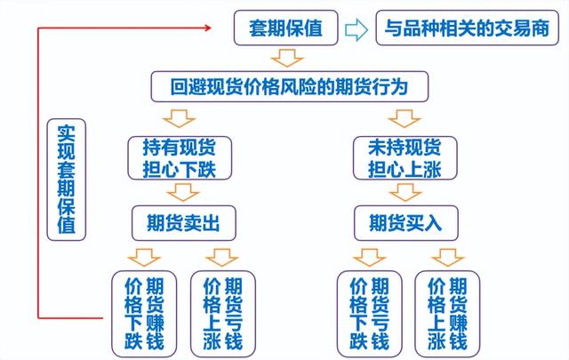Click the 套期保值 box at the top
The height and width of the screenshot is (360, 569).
click(x=286, y=28)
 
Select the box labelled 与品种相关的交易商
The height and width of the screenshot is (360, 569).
click(x=467, y=28)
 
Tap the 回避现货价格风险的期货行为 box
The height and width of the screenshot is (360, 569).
click(x=290, y=87)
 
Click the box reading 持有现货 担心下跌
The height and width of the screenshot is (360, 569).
click(x=180, y=158)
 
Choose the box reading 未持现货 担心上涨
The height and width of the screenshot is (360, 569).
click(x=405, y=158)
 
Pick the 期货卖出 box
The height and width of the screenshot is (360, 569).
click(x=184, y=223)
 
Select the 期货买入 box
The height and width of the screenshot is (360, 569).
click(x=406, y=223)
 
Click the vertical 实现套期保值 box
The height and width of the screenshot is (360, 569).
click(x=67, y=180)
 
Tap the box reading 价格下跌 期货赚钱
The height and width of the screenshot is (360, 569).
click(x=144, y=315)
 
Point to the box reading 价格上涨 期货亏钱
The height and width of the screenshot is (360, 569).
click(x=223, y=315)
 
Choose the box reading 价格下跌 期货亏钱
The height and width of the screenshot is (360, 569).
click(x=370, y=315)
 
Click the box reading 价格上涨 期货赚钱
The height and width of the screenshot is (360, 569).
click(x=447, y=315)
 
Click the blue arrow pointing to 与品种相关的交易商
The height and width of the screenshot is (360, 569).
click(x=357, y=29)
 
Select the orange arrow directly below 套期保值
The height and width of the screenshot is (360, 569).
click(x=287, y=58)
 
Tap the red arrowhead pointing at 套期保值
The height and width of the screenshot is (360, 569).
click(x=207, y=28)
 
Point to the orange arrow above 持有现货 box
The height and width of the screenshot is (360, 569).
click(x=180, y=119)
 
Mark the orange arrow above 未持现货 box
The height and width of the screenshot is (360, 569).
click(x=405, y=119)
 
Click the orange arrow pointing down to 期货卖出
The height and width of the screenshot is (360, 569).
click(x=183, y=192)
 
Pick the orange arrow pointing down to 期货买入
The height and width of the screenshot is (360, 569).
click(x=405, y=192)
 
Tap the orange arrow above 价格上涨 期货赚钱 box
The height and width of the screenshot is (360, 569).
click(x=447, y=257)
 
